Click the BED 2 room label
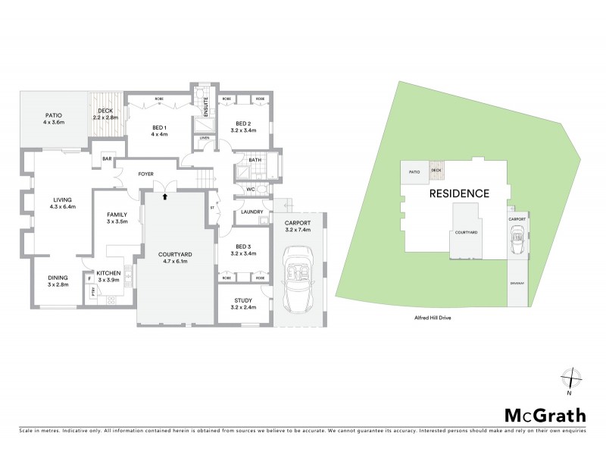pos(242,124)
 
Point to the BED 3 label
pos(242,247)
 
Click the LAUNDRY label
pos(251,212)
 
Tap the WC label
pos(249,188)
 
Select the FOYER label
pos(146,174)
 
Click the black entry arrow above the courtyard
pos(165,196)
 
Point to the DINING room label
pos(58,277)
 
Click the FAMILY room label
pos(116,215)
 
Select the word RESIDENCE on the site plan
pos(459,193)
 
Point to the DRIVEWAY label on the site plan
pos(517,284)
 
